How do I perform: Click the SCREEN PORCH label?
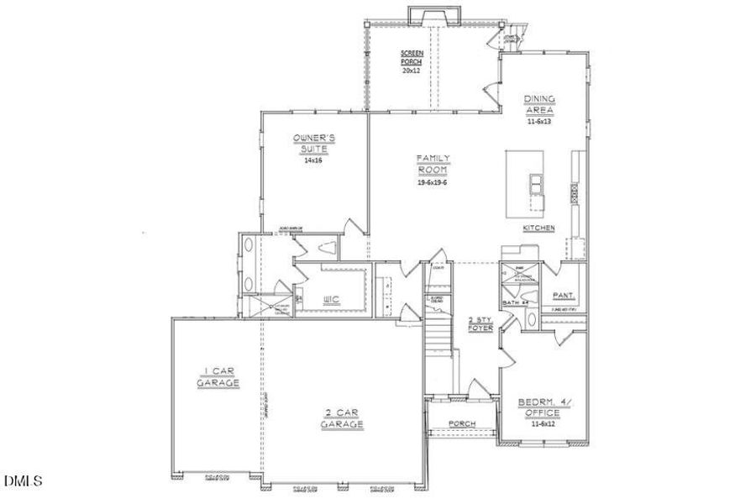412,58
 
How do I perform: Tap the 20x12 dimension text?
412,72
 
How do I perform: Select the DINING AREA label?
539,104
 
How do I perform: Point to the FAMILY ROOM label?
433,163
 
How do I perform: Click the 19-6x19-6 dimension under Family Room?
433,181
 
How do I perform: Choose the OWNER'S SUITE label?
314,143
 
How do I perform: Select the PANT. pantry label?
562,296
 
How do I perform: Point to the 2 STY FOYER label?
480,324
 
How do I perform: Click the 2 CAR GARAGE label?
342,418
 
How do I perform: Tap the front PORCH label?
461,423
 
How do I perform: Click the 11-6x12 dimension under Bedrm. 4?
543,423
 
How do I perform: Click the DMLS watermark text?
23,481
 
